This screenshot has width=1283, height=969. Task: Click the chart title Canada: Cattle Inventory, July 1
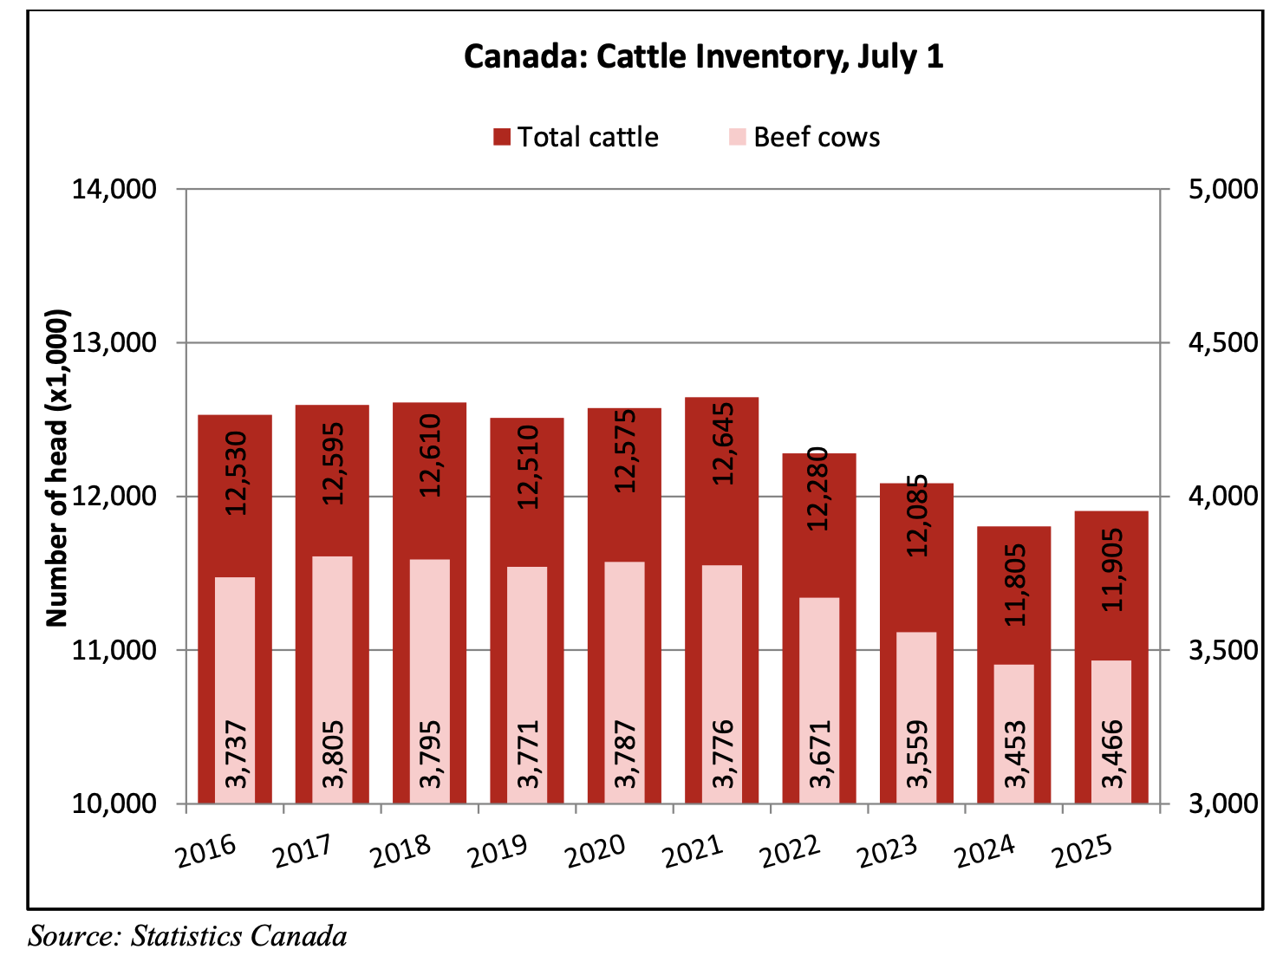coord(703,57)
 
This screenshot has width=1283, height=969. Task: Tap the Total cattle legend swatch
coord(502,137)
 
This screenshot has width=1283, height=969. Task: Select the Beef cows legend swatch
coord(738,137)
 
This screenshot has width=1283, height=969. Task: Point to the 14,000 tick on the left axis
coord(114,189)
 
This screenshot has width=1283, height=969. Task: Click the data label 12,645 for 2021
coord(723,444)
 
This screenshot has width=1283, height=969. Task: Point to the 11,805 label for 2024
coord(1015,584)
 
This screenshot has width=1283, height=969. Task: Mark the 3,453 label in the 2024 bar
coord(1015,754)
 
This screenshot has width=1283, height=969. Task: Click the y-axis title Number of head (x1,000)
coord(57,468)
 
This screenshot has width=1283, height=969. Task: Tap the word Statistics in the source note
coord(186,937)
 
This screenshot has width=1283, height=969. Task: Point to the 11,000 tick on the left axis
coord(114,650)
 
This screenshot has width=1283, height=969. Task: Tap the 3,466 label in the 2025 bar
coord(1112,754)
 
